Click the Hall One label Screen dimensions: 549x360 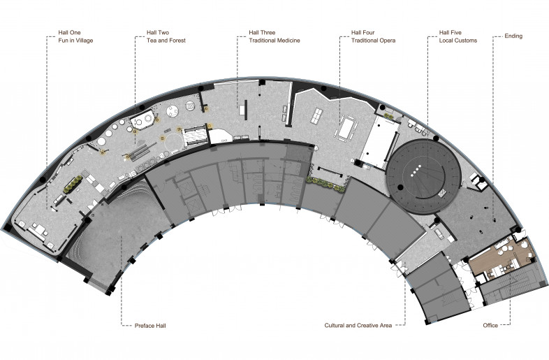point(69,33)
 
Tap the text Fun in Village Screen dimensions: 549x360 point(75,41)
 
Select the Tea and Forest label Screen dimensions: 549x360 point(166,41)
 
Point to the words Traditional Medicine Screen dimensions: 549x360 point(274,41)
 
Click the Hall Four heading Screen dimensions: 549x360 point(363,33)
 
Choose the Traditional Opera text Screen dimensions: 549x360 point(373,41)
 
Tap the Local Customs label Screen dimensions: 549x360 point(458,41)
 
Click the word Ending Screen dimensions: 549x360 point(513,36)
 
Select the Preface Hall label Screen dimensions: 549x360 point(150,326)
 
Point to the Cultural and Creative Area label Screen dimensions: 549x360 point(358,325)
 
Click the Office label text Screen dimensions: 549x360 point(490,325)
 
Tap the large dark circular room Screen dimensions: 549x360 point(423,176)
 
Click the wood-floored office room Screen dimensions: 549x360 point(502,256)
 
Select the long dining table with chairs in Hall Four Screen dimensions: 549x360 point(346,129)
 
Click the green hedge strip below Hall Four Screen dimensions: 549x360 point(325,184)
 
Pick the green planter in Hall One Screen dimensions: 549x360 point(73,184)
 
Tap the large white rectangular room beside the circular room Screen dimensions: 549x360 point(379,142)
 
